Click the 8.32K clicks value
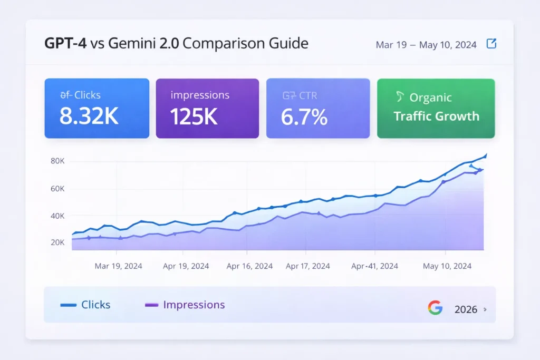(x=89, y=116)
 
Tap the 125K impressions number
(x=194, y=116)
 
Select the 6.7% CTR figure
(x=304, y=116)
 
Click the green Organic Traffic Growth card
(x=436, y=108)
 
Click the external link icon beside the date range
(x=491, y=44)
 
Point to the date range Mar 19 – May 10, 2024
(x=426, y=45)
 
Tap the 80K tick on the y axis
(x=57, y=161)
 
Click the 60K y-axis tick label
(x=57, y=189)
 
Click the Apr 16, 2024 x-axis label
(x=249, y=266)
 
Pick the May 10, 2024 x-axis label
(x=447, y=266)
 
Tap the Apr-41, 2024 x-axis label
(x=374, y=266)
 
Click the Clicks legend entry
(x=85, y=305)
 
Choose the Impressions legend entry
(x=185, y=305)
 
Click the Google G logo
(x=435, y=308)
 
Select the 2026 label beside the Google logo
(x=466, y=309)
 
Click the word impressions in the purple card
(x=200, y=95)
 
